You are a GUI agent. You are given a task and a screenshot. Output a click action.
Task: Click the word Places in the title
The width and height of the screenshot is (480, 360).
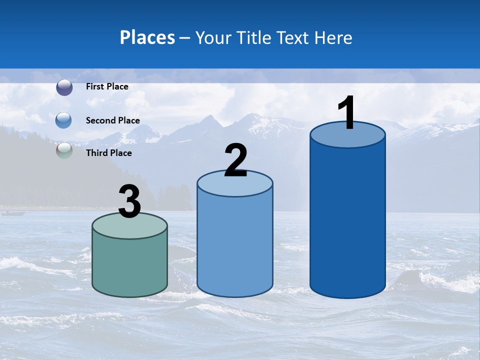[147, 37]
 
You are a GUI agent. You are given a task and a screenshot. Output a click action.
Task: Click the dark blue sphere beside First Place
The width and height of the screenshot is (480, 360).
[64, 87]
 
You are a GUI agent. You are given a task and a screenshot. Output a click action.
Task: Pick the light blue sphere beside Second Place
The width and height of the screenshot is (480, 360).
[64, 120]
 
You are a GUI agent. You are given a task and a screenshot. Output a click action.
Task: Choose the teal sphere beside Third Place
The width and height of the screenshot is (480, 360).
[64, 150]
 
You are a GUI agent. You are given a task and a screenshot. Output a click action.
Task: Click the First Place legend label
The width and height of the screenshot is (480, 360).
[107, 86]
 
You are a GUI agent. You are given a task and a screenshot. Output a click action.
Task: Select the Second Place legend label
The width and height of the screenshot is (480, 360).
[112, 120]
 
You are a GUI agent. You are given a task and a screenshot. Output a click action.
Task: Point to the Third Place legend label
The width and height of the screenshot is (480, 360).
[109, 153]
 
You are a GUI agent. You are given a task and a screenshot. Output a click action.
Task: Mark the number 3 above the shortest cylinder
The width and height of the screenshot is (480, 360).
[129, 201]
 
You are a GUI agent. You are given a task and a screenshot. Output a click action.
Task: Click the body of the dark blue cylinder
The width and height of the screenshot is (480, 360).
[347, 220]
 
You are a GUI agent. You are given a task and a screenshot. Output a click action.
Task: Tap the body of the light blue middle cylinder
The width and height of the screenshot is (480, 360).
[235, 245]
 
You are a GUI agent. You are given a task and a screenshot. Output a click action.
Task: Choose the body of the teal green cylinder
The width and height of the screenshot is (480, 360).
[130, 265]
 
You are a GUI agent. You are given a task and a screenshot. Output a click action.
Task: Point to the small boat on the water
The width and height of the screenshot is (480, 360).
[13, 213]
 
